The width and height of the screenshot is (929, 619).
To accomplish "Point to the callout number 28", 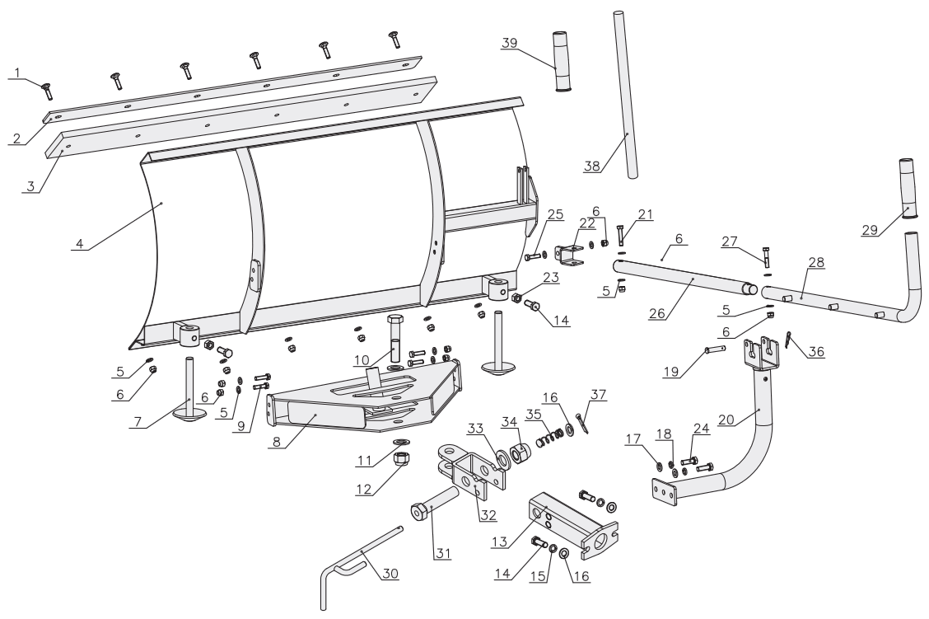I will pyautogui.click(x=815, y=262).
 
